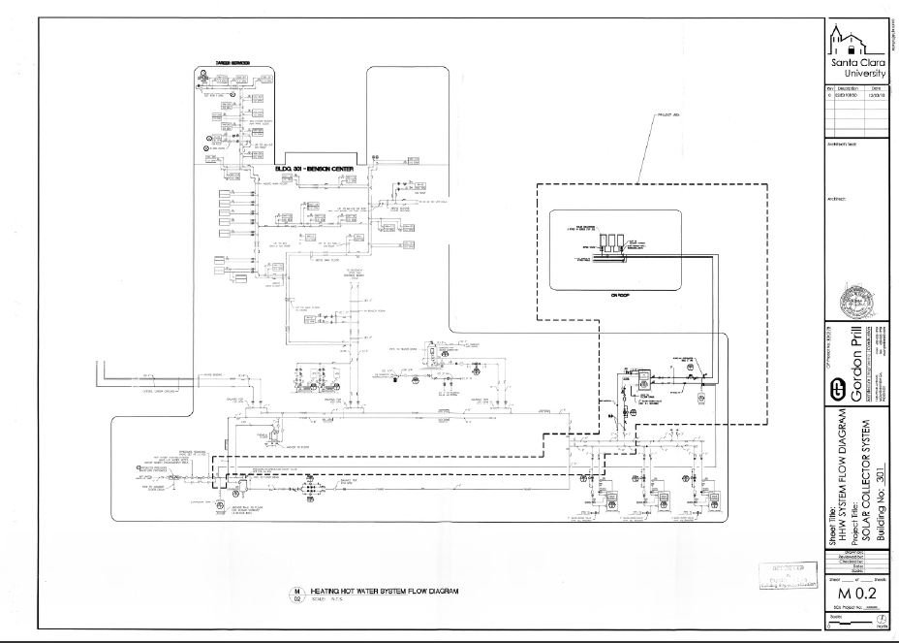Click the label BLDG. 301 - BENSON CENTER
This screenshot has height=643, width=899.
tap(316, 168)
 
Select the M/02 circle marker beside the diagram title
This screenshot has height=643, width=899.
tap(297, 595)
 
